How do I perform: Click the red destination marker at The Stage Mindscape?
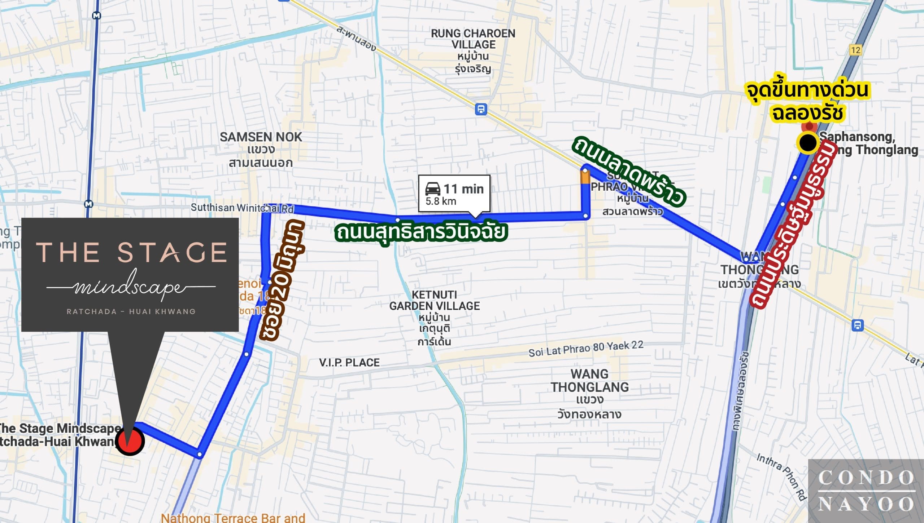pyautogui.click(x=130, y=441)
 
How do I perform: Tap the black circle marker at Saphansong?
pyautogui.click(x=808, y=143)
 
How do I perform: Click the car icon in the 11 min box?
pyautogui.click(x=433, y=189)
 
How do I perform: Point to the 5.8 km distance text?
pyautogui.click(x=441, y=201)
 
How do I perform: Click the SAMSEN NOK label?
pyautogui.click(x=261, y=137)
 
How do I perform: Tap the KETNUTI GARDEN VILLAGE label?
pyautogui.click(x=435, y=301)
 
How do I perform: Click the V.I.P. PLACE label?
pyautogui.click(x=349, y=363)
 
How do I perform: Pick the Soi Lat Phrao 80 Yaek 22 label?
pyautogui.click(x=585, y=349)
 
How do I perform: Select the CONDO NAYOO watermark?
pyautogui.click(x=866, y=491)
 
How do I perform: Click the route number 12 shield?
pyautogui.click(x=855, y=50)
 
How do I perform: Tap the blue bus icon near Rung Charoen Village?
pyautogui.click(x=481, y=109)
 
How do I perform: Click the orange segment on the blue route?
pyautogui.click(x=585, y=177)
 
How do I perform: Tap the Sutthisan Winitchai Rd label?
pyautogui.click(x=242, y=208)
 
